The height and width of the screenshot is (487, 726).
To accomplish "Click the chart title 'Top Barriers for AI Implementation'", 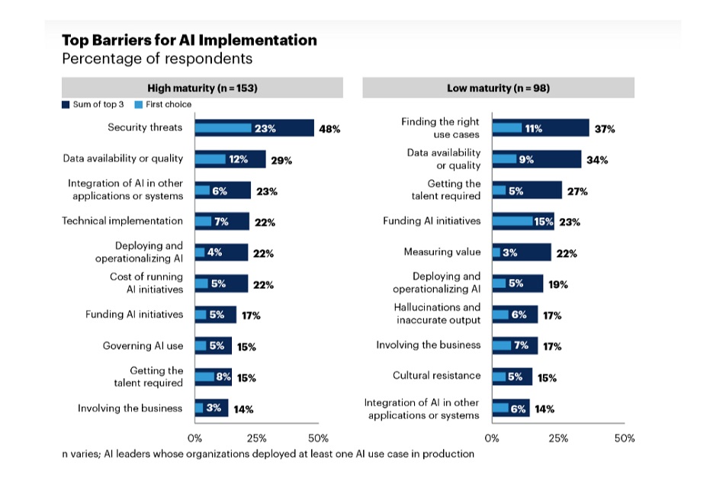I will [189, 40].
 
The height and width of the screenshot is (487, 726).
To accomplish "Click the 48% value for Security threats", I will [329, 129].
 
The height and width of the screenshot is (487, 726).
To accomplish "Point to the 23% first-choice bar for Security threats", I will [223, 128].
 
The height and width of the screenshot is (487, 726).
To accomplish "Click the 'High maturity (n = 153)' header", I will [202, 88].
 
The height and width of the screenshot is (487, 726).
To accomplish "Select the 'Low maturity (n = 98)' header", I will [498, 88].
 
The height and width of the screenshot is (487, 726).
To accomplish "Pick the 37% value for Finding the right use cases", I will [605, 129].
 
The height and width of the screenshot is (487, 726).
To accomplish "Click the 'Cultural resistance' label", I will [436, 376].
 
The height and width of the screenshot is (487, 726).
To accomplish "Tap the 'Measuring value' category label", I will [442, 252].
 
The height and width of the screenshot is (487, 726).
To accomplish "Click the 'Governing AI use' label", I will [143, 345].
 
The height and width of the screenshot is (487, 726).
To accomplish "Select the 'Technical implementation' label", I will [122, 221].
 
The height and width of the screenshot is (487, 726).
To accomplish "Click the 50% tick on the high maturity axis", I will [318, 438].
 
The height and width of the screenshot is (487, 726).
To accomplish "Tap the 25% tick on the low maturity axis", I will [558, 438].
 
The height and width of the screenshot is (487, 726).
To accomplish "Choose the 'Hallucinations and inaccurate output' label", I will [438, 313].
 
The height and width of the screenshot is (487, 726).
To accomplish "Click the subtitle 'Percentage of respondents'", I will [156, 59].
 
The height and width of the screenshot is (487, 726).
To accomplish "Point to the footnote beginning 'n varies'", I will [268, 454].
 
